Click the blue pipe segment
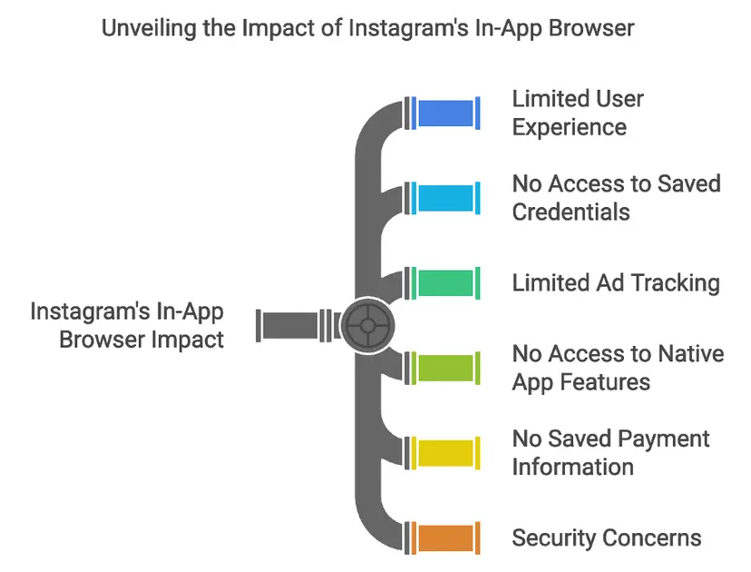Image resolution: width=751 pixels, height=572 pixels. click(x=445, y=113)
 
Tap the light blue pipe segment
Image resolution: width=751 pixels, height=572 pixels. click(x=445, y=198)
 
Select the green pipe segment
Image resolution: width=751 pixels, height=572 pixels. click(x=445, y=282)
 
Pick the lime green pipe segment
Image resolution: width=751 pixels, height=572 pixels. click(x=445, y=367)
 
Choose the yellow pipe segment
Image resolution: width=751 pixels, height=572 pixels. click(x=445, y=452)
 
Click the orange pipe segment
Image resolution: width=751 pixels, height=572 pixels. click(x=445, y=537)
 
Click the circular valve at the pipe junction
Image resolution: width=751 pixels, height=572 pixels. click(x=369, y=324)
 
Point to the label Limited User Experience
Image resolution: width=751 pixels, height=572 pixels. click(x=578, y=113)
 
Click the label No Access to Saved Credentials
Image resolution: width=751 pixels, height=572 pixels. click(x=616, y=198)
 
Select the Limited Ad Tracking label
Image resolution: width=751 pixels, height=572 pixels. click(x=616, y=282)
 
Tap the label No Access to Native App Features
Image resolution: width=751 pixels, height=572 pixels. click(x=618, y=367)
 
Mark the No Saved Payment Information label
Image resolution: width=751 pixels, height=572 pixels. click(x=610, y=452)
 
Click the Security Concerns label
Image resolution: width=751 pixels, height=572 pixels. click(x=606, y=537)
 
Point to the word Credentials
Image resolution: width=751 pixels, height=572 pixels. click(x=571, y=212)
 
